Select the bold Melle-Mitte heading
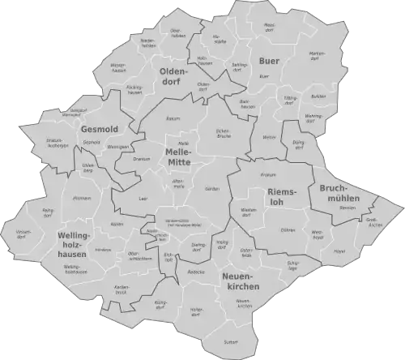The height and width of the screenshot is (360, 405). [178, 157]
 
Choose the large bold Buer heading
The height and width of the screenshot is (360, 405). [268, 61]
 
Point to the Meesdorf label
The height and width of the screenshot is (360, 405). [270, 28]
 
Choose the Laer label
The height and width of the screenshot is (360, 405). [143, 198]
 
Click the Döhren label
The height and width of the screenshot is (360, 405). [287, 230]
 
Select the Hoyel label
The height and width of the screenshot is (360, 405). [339, 251]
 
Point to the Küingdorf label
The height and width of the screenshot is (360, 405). [160, 305]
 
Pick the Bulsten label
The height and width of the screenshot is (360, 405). [318, 96]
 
